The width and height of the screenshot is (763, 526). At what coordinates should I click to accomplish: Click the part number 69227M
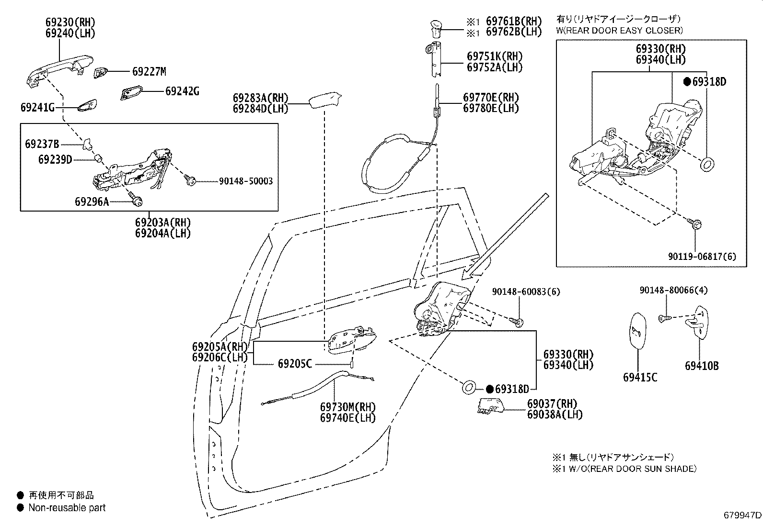point(149,72)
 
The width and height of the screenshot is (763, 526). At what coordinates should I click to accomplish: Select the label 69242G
point(182,91)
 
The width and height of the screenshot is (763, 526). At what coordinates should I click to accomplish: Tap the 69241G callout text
point(37,107)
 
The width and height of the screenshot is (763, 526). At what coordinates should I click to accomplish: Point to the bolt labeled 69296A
point(137,201)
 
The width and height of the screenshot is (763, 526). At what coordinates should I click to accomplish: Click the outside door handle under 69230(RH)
point(58,69)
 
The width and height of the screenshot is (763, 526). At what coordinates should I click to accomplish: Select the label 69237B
point(42,144)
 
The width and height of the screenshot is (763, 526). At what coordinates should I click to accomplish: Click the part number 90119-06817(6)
point(702,257)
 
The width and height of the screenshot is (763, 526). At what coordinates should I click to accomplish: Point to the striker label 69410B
point(701,366)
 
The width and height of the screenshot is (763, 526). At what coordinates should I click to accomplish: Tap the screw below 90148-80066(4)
point(665,318)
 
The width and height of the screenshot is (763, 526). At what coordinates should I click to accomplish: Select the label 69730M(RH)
point(348,407)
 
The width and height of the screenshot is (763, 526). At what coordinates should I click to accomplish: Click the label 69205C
point(295,364)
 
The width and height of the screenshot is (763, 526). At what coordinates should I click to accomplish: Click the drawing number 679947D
point(742,515)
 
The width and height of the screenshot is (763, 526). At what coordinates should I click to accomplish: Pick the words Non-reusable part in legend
point(67,507)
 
